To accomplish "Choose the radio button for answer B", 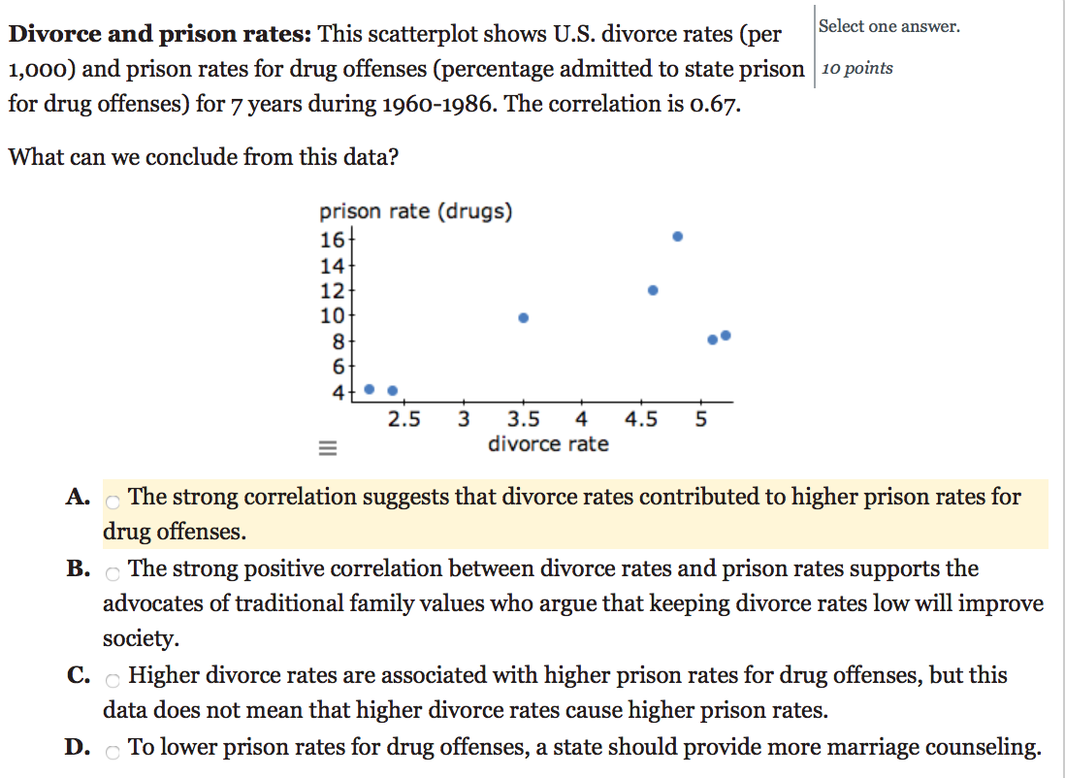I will tap(113, 573).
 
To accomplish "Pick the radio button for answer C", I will tap(113, 680).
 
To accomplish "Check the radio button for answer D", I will tap(113, 753).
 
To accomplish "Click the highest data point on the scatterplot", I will tap(678, 237).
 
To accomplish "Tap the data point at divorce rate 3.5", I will tap(524, 318).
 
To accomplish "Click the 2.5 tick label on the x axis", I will tap(403, 420).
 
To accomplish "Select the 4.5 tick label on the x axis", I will tap(641, 420).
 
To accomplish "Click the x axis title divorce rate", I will tap(548, 444).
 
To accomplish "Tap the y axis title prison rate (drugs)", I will tap(416, 211).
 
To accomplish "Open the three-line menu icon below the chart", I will tap(327, 449).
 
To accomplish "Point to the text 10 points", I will tap(857, 68).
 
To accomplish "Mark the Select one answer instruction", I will tap(888, 27).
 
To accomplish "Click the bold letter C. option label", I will tap(80, 676).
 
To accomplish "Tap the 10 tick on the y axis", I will tap(332, 315).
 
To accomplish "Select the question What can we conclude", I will tap(203, 157).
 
